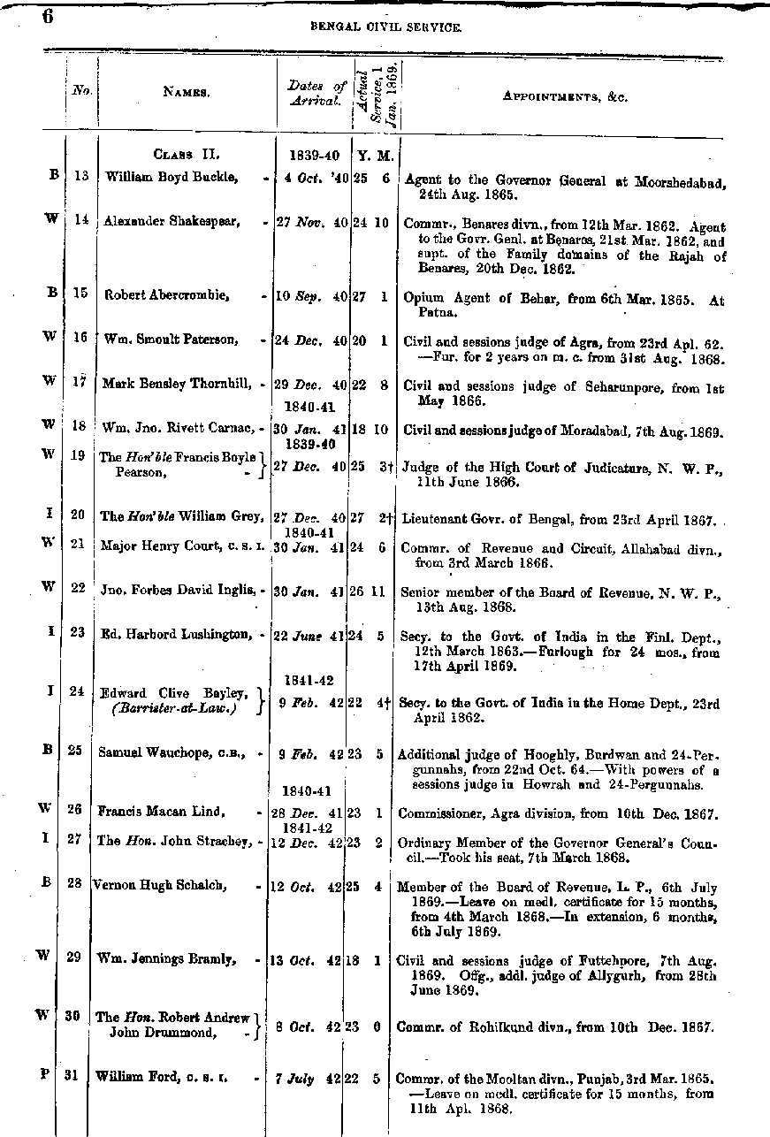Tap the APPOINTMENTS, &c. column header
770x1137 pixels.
pyautogui.click(x=566, y=96)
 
